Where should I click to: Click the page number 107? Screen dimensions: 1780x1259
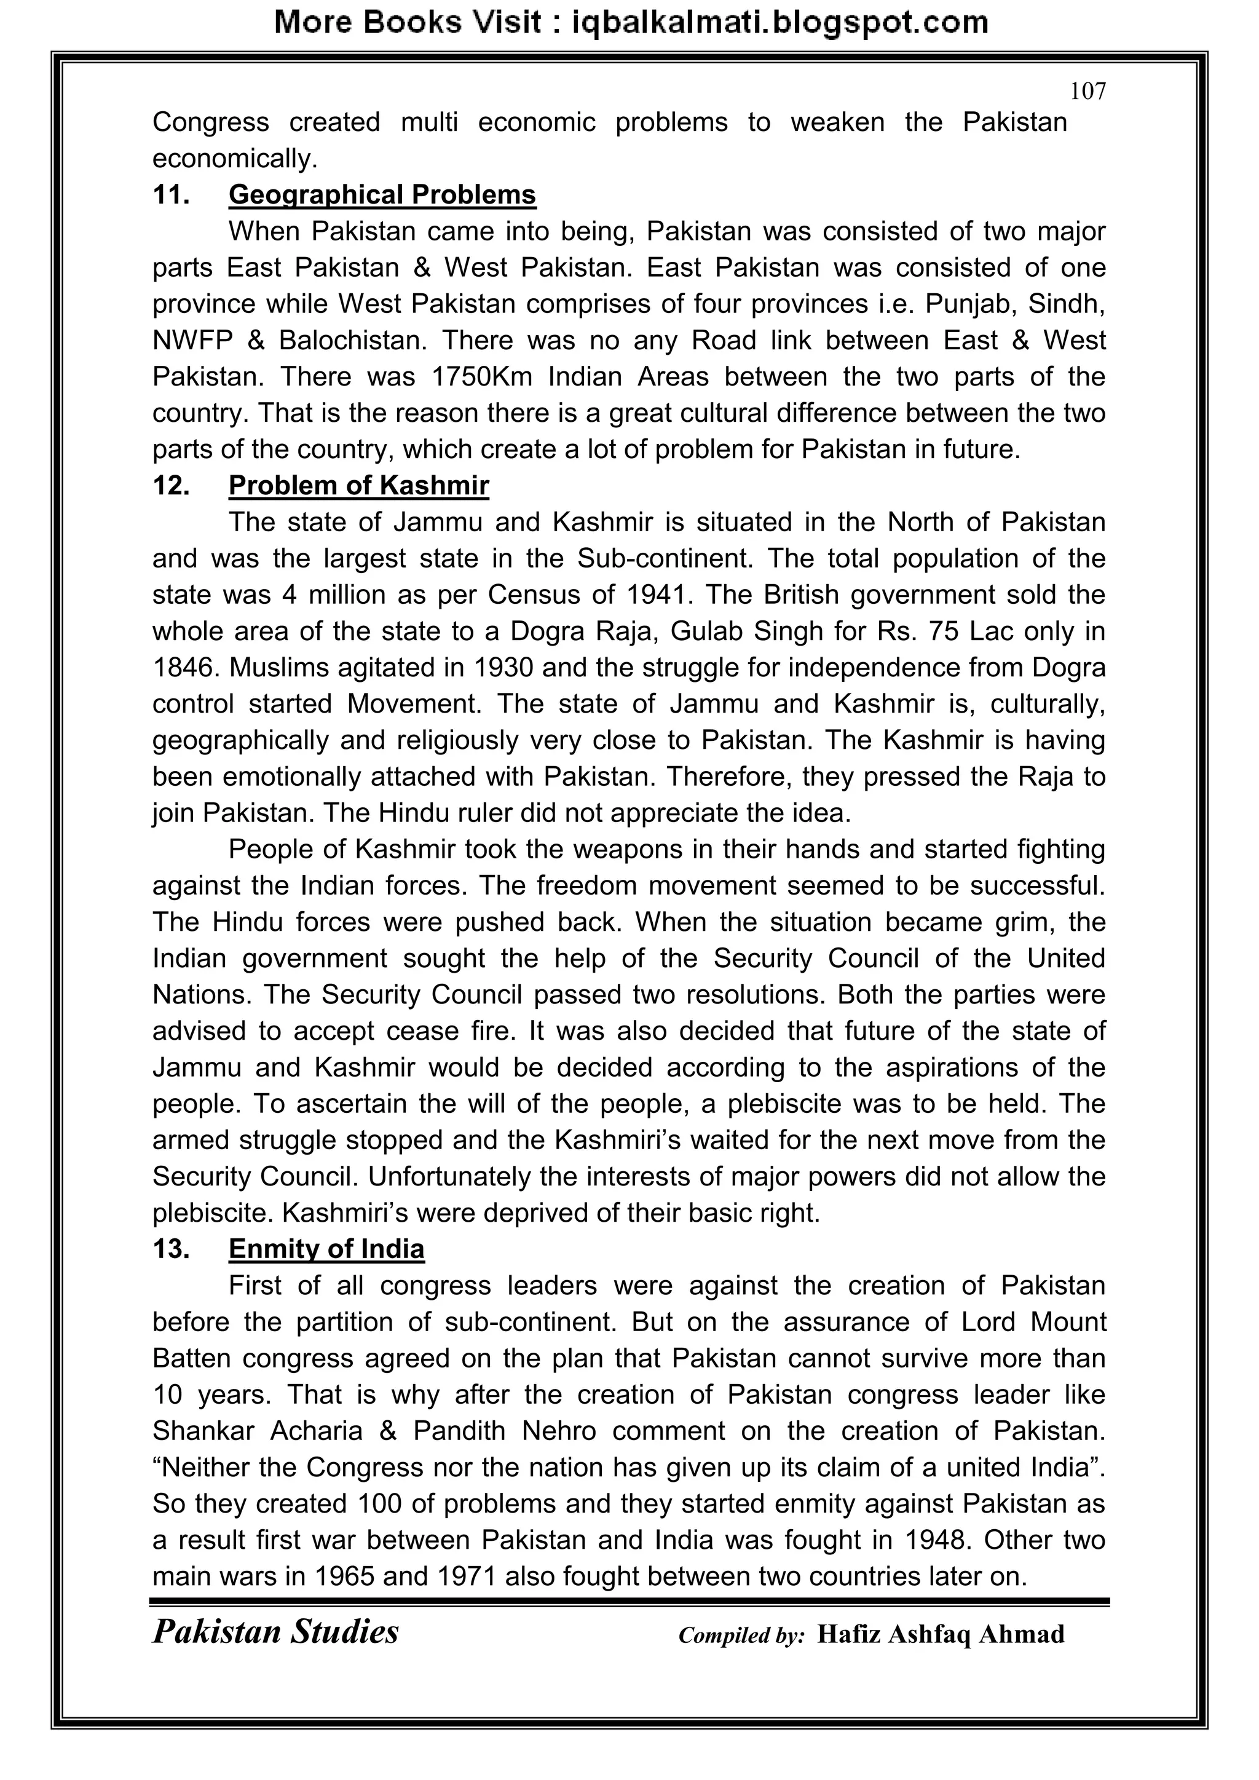pos(1087,92)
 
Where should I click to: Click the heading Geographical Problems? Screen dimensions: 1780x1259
pos(382,194)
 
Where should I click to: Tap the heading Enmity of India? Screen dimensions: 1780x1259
pos(326,1249)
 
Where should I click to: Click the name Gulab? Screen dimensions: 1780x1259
pos(706,631)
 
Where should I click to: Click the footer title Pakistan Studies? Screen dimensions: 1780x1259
pos(275,1632)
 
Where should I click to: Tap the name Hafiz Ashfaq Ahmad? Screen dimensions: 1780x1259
pos(941,1634)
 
